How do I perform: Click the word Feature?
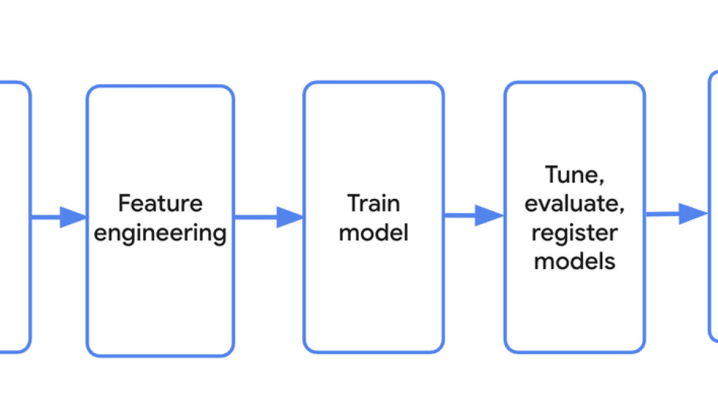point(160,203)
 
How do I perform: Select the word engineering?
point(160,234)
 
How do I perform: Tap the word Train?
point(373,203)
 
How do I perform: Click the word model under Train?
point(373,233)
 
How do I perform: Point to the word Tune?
point(574,175)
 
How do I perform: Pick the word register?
point(574,232)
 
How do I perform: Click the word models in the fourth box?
point(574,261)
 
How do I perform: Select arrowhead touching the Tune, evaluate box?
point(491,216)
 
